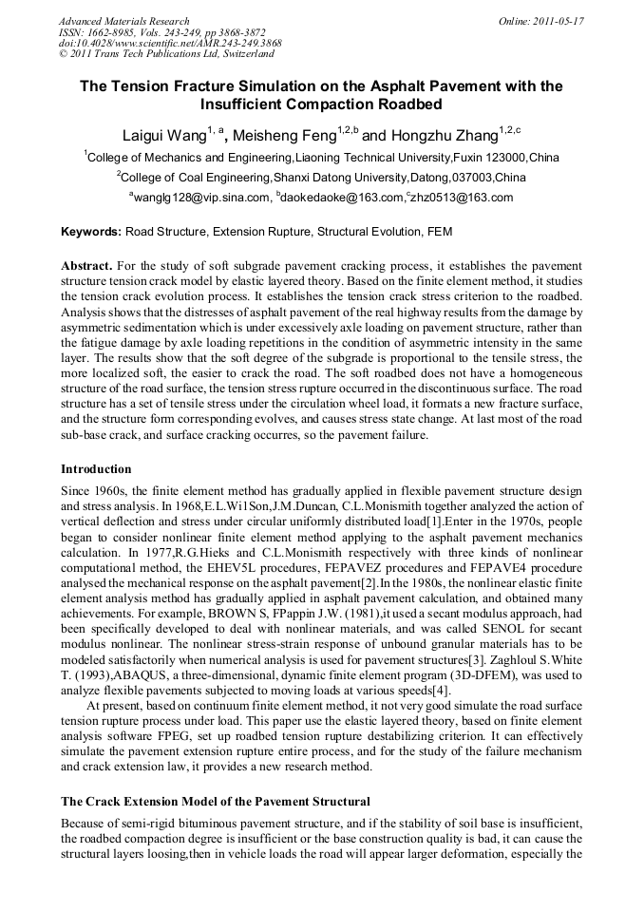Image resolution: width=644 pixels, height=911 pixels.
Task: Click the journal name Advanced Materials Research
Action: (x=123, y=21)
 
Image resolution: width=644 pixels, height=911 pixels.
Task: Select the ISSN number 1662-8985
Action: (x=115, y=32)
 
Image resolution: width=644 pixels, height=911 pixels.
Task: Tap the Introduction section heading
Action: (x=96, y=469)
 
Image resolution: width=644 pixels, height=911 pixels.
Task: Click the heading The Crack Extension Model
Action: (x=215, y=802)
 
